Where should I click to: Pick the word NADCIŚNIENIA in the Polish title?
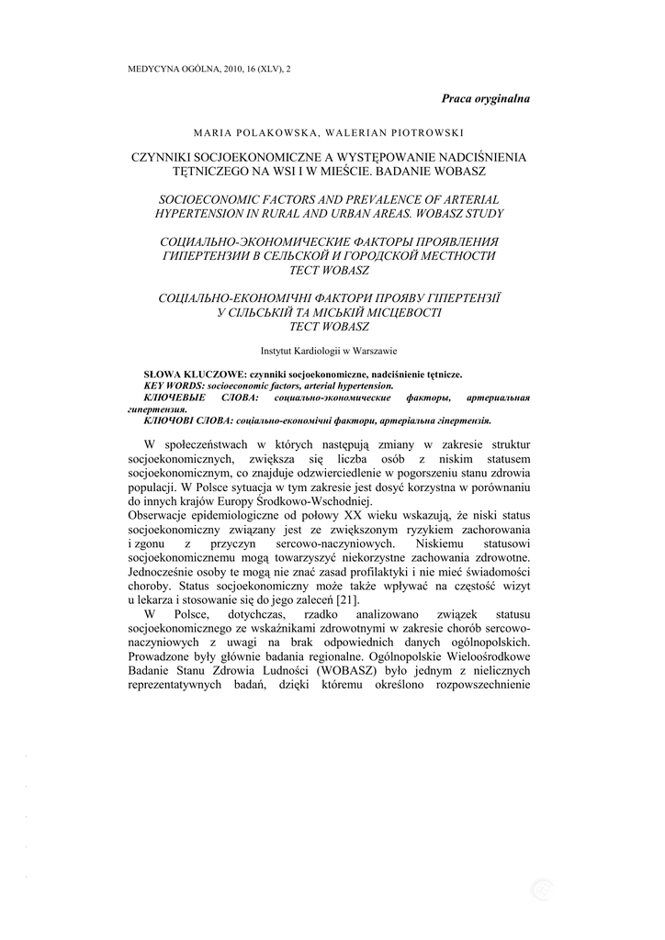[479, 157]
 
